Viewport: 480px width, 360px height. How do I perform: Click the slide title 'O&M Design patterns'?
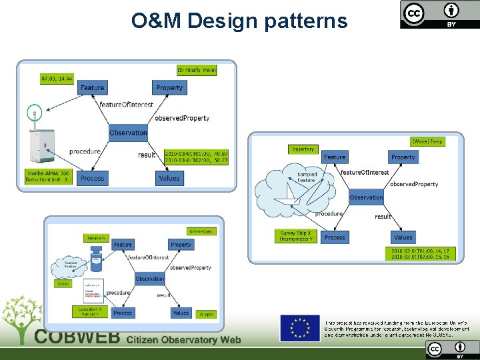[x=239, y=21]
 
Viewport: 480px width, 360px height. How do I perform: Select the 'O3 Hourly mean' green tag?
[x=196, y=70]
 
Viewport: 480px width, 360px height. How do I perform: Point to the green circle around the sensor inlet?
[x=33, y=113]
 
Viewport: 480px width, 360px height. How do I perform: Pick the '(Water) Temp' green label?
[x=427, y=141]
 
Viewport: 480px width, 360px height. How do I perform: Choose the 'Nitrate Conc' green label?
[x=201, y=231]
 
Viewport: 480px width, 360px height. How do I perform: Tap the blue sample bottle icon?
[x=97, y=257]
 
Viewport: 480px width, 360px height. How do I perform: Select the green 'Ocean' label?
[x=63, y=284]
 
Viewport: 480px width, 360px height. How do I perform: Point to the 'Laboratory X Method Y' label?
[x=90, y=311]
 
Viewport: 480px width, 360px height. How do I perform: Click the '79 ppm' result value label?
[x=203, y=313]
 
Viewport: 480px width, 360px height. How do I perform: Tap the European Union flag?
[x=299, y=329]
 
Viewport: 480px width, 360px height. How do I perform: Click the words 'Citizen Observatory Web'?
[x=183, y=339]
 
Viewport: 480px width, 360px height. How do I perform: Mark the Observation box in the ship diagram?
[x=366, y=197]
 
